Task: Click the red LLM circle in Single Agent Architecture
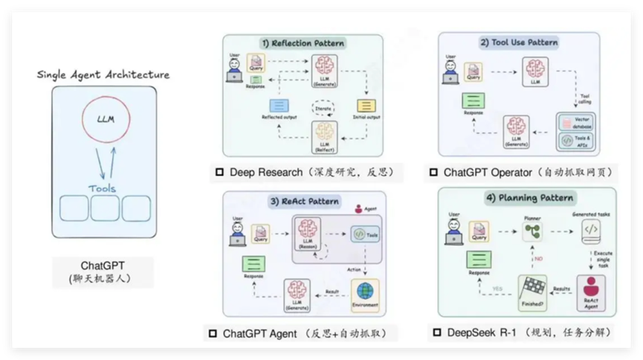[x=105, y=119]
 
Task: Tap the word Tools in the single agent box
[x=103, y=188]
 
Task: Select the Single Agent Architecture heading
[x=103, y=74]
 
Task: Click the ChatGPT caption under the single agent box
[x=103, y=266]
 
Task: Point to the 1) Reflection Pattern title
[x=303, y=43]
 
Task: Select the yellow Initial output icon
[x=366, y=106]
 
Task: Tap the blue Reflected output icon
[x=279, y=106]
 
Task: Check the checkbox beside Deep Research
[x=219, y=173]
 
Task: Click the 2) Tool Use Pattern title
[x=518, y=42]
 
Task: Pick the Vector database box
[x=577, y=122]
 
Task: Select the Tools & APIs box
[x=577, y=140]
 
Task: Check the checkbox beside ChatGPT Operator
[x=433, y=173]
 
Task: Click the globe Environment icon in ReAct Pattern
[x=364, y=291]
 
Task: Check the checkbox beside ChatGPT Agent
[x=213, y=333]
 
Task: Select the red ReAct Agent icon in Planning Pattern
[x=591, y=286]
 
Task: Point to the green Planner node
[x=531, y=232]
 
